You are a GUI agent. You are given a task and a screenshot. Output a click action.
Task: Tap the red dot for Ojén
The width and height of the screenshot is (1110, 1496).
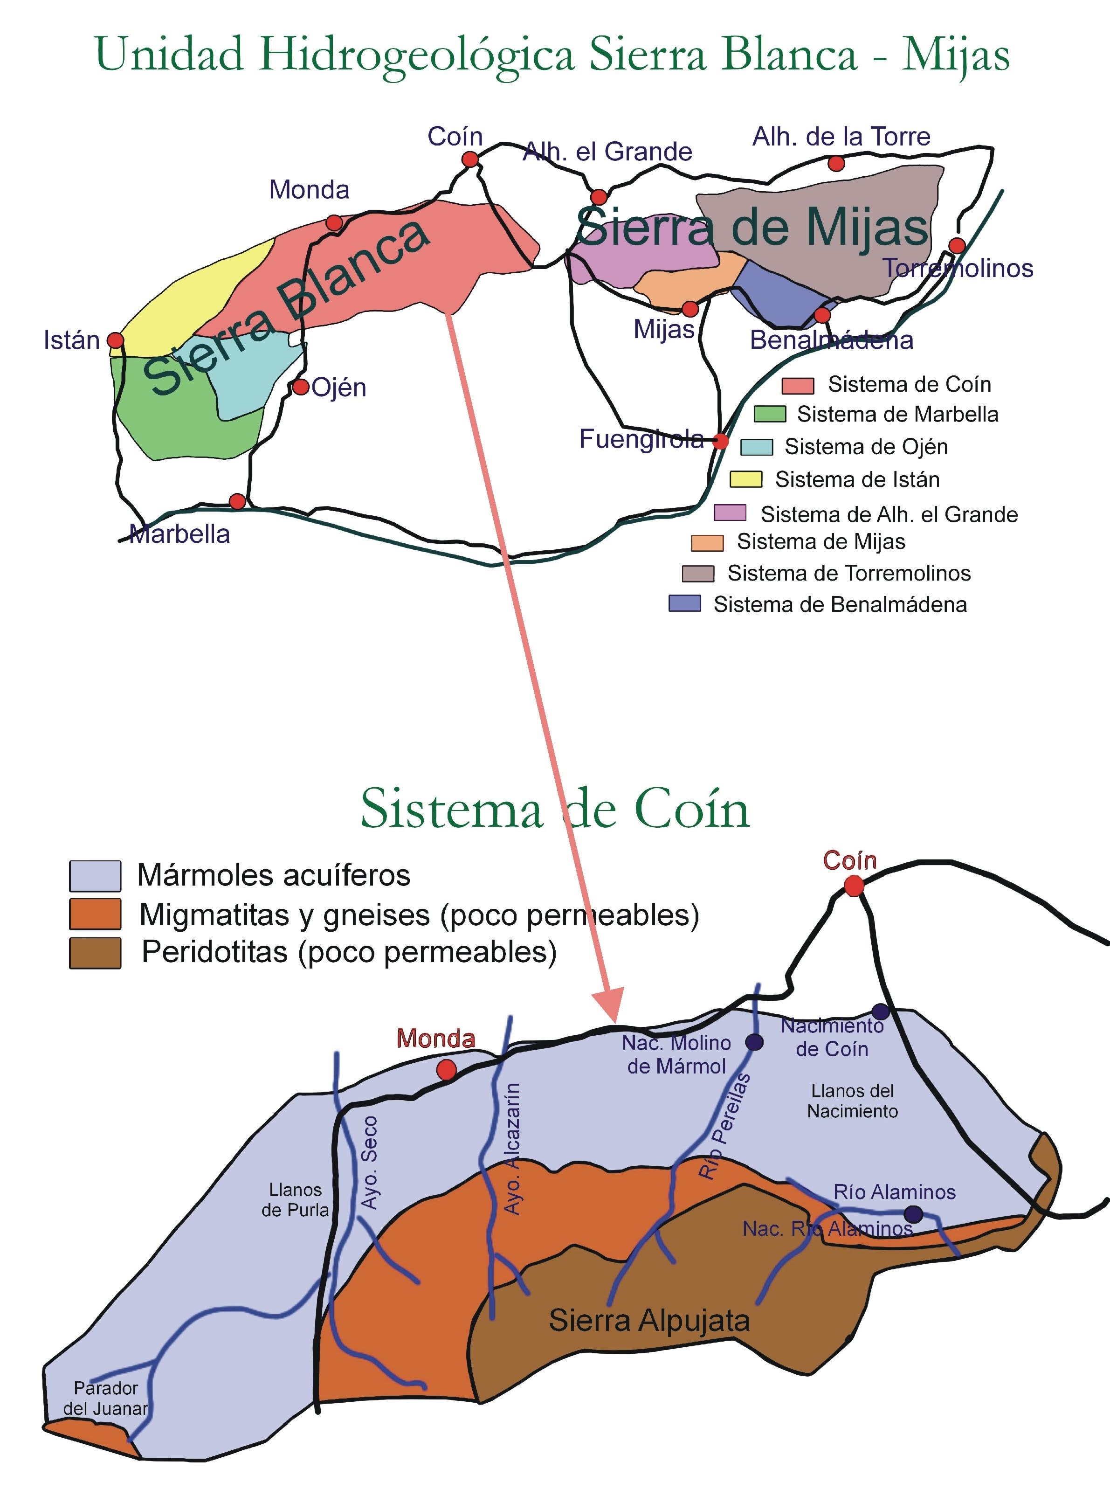coord(300,387)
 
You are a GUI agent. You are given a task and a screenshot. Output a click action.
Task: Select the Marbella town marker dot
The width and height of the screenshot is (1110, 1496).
coord(237,501)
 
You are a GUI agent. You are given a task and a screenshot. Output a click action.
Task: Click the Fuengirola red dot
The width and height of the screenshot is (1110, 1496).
coord(720,441)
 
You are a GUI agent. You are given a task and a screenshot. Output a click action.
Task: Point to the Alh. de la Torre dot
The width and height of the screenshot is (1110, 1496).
coord(836,163)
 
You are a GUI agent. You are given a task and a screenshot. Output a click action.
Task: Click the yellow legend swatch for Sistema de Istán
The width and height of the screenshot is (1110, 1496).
coord(746,479)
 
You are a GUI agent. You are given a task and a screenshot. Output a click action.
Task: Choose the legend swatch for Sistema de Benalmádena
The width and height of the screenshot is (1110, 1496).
coord(685,603)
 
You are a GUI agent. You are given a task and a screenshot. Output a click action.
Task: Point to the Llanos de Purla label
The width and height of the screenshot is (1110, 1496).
coord(295,1199)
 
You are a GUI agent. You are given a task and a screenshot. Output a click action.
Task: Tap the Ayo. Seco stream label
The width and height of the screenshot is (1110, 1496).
coord(370,1162)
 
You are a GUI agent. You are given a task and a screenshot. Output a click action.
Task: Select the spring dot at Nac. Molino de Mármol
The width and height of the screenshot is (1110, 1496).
coord(755,1042)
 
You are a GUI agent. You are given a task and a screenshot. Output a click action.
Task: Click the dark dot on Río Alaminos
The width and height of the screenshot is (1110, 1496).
coord(912,1214)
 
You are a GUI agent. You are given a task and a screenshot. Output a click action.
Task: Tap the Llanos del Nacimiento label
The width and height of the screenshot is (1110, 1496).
coord(852,1101)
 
